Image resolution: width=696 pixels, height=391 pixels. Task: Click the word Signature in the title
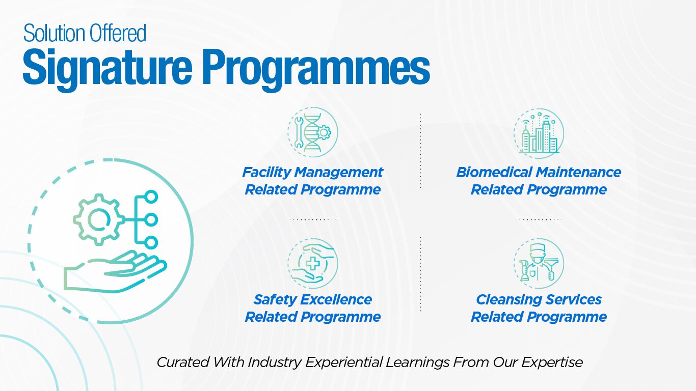coord(108,69)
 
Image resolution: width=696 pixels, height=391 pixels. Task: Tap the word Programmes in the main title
coord(316,69)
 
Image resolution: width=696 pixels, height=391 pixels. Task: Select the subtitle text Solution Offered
coord(85,33)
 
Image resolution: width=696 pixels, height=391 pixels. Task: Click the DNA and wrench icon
coord(312,132)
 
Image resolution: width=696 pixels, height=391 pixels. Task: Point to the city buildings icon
coord(539,133)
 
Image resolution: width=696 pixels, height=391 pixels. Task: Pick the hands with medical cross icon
coord(312,263)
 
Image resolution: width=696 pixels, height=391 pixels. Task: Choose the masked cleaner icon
coord(539,263)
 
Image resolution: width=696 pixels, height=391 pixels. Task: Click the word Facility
coord(267,173)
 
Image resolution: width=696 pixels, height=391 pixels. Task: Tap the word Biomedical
coord(494,172)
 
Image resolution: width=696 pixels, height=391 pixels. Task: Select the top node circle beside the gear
coord(151,197)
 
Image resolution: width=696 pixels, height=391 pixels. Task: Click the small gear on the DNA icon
coord(324,132)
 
